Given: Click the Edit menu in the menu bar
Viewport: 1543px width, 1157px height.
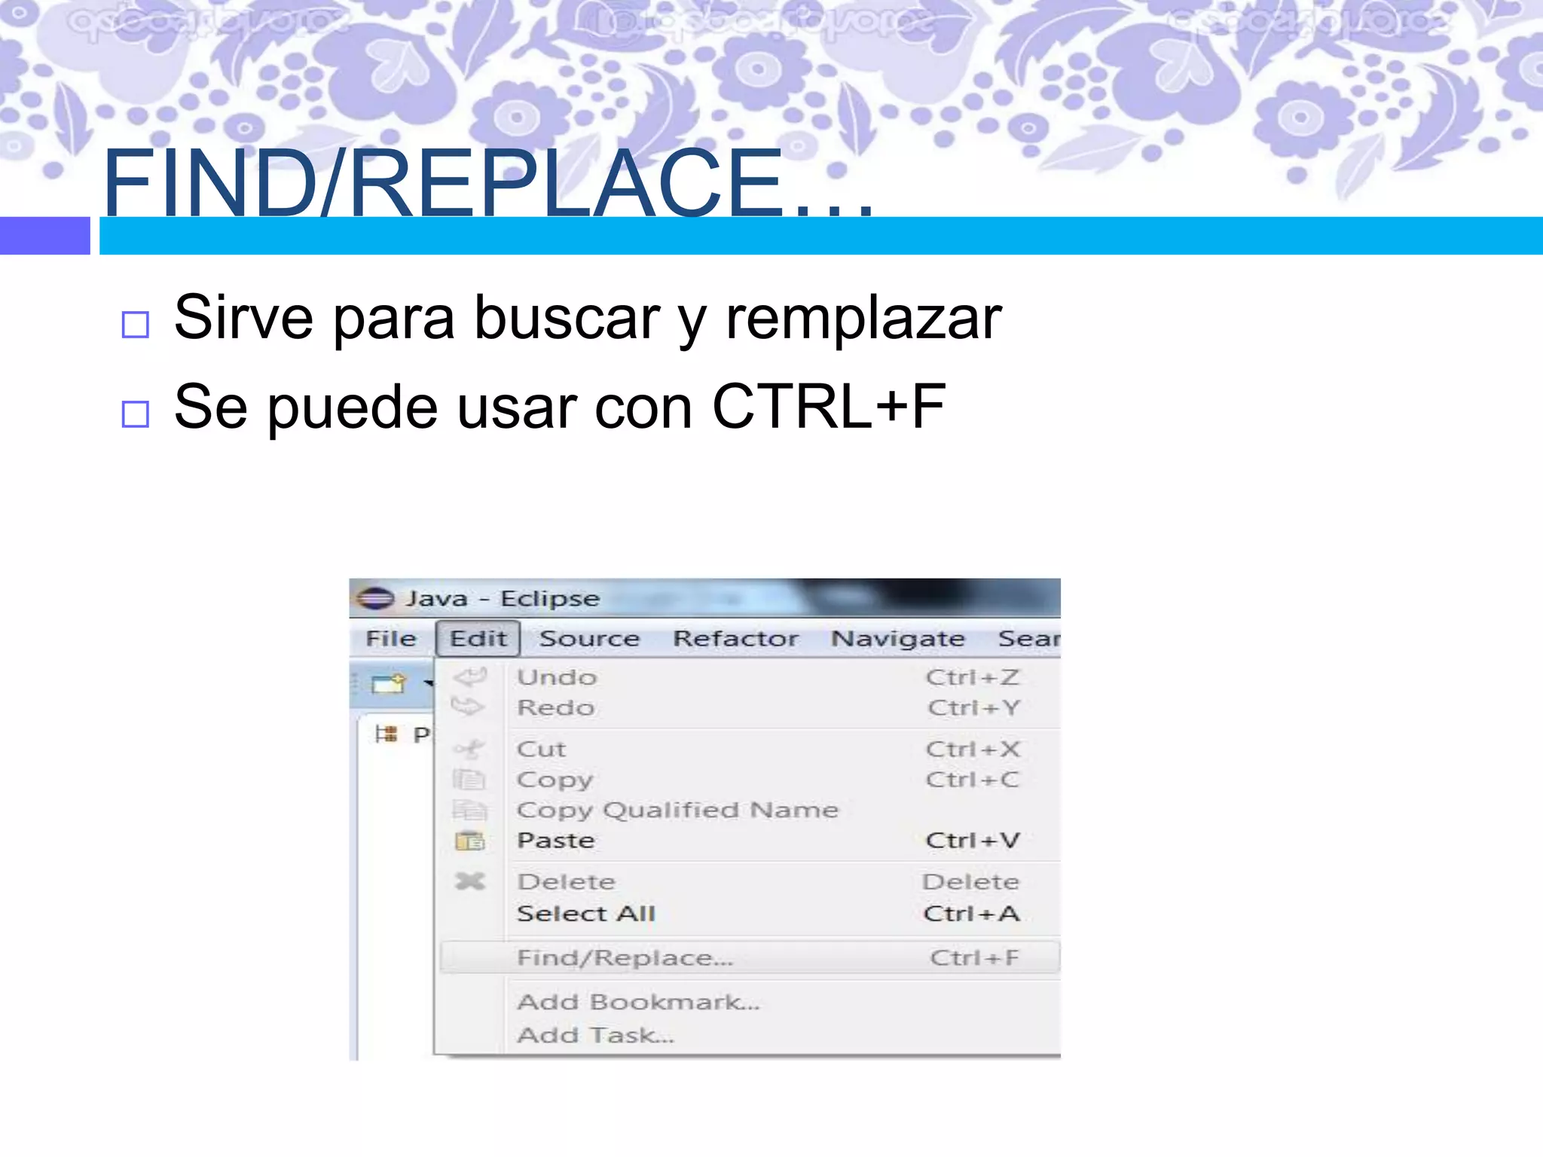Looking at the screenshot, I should [478, 639].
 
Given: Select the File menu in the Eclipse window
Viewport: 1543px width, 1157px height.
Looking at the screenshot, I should [391, 639].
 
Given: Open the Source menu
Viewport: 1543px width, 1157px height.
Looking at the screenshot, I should [589, 639].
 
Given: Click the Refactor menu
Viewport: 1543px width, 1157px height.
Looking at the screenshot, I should [735, 639].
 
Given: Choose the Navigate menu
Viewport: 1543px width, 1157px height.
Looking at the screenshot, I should [897, 639].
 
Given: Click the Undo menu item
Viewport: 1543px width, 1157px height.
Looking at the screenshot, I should [557, 677].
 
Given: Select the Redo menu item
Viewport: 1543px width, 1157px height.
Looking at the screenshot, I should [556, 708].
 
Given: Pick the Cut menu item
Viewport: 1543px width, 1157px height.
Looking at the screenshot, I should [541, 749].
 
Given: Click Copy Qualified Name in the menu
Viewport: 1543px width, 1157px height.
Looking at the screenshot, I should [677, 810].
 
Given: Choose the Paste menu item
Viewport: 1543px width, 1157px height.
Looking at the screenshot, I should [556, 841].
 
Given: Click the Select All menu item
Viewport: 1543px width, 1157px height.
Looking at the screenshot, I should [586, 914].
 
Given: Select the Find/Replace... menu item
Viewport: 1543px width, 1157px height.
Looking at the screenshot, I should [625, 958].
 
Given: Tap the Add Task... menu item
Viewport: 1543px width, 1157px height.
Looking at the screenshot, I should [595, 1036].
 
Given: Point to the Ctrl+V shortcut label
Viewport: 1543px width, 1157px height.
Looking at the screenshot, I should [972, 841].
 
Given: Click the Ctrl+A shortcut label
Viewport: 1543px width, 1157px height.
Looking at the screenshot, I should [971, 914].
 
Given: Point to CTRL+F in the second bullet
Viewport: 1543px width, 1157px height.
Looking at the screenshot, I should [829, 407].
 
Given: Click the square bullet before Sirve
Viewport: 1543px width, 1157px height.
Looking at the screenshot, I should [136, 325].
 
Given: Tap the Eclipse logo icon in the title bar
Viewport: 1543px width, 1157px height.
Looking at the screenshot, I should [375, 599].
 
